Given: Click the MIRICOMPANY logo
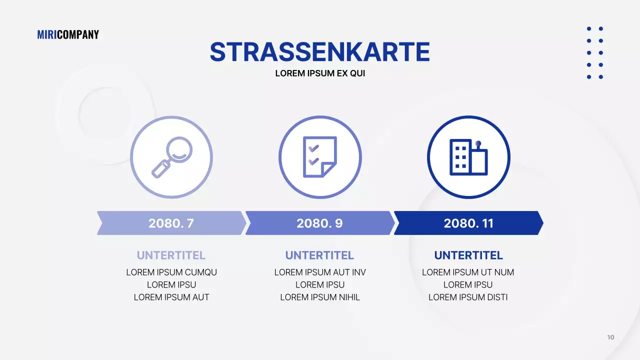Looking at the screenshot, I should tap(68, 34).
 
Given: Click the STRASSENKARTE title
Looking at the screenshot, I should tap(320, 52).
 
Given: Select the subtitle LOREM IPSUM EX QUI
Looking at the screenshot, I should tap(320, 73).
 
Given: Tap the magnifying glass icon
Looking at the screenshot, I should tap(171, 157).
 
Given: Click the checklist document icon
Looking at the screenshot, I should tap(320, 157).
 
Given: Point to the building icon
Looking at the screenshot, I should tap(468, 157).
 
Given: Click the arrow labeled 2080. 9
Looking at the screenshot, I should tap(319, 223).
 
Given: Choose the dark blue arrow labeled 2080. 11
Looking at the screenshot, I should tap(468, 223).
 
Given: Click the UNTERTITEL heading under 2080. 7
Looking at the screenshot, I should tap(171, 255).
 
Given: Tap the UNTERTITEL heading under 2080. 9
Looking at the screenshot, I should tap(320, 255).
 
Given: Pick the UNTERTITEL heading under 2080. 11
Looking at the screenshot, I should tap(468, 255).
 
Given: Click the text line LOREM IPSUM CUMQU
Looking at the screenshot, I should tap(171, 272).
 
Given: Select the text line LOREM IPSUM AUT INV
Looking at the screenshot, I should tap(320, 272).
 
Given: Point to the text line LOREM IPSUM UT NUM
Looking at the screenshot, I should tap(468, 272).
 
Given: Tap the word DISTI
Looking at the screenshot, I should tap(496, 297).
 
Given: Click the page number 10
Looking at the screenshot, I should tap(610, 337).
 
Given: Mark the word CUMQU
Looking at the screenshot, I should tap(201, 272).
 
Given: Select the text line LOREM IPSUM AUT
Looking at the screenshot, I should tap(171, 297).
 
